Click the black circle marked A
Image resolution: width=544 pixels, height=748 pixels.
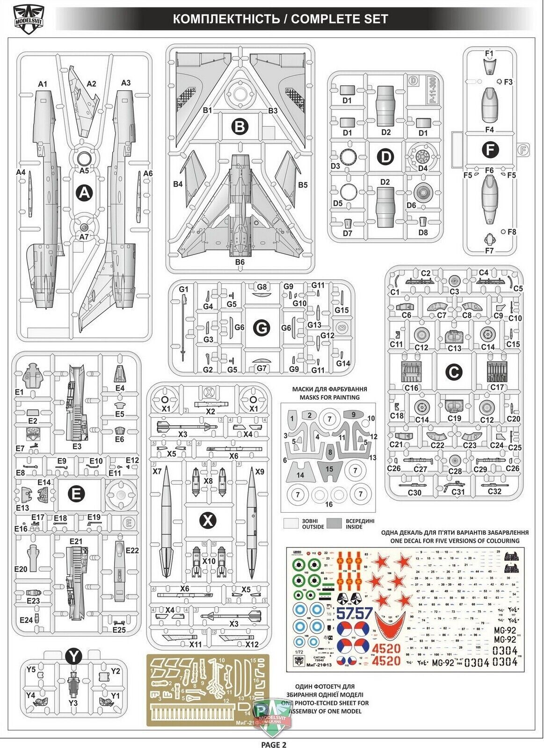84,192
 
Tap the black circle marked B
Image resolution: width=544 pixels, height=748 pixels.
239,126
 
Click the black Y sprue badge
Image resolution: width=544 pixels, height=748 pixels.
74,656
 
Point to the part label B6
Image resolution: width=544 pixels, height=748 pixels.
239,262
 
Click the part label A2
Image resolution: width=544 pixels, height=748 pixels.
91,84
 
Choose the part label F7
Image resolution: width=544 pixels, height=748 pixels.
489,251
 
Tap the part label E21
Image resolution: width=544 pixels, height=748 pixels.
76,541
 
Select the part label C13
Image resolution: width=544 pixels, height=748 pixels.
454,348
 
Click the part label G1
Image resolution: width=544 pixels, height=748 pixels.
183,290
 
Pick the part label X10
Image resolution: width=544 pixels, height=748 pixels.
209,561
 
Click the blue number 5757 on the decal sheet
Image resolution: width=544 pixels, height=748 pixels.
354,613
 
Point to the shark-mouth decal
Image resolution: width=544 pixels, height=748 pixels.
389,626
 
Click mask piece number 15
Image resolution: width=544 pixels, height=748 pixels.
329,469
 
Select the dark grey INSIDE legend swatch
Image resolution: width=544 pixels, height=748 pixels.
334,523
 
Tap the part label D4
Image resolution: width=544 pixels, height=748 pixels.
422,168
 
